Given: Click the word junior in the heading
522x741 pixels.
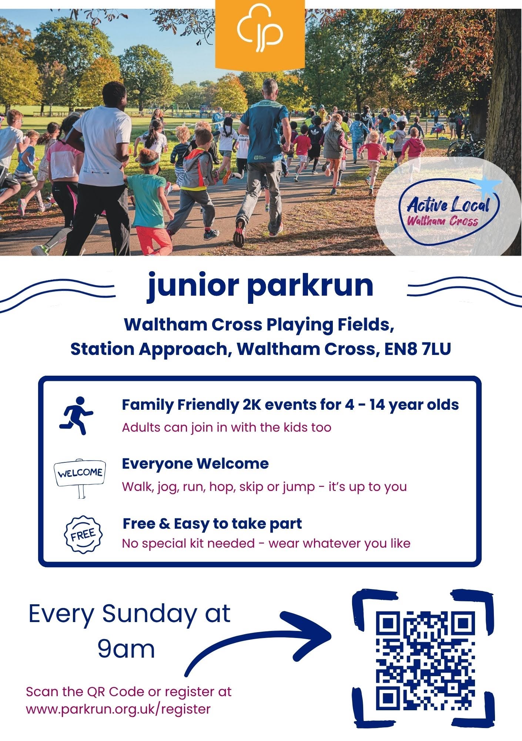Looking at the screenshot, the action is pyautogui.click(x=193, y=286).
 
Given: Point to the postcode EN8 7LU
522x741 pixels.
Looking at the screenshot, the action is pyautogui.click(x=418, y=349).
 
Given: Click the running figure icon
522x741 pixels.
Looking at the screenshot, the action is pyautogui.click(x=77, y=415).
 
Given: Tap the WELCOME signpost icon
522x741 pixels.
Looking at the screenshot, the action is pyautogui.click(x=80, y=478).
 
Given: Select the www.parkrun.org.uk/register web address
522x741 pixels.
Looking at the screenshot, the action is pyautogui.click(x=118, y=709).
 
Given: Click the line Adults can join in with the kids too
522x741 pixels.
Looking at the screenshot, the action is pyautogui.click(x=227, y=427).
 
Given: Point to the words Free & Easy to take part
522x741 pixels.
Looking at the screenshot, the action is pyautogui.click(x=212, y=524).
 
